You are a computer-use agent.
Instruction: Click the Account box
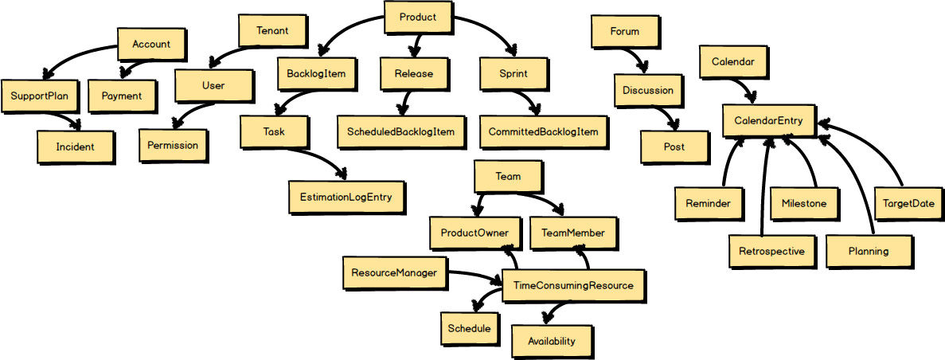tap(151, 45)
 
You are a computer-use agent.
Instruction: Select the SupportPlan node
tap(39, 96)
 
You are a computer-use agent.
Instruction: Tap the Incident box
tap(74, 147)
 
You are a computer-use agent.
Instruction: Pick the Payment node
tap(122, 96)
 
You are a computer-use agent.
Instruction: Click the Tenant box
tap(272, 31)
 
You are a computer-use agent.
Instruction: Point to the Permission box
tap(173, 145)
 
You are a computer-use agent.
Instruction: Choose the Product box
tap(418, 17)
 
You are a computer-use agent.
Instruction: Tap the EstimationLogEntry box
tap(346, 196)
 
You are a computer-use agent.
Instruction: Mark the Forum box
tap(624, 32)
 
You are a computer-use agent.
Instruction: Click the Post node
tap(674, 147)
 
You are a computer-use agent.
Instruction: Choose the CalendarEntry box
tap(768, 120)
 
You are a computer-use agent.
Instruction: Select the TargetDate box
tap(908, 203)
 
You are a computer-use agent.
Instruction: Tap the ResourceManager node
tap(394, 272)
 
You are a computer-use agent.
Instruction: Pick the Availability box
tap(551, 341)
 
